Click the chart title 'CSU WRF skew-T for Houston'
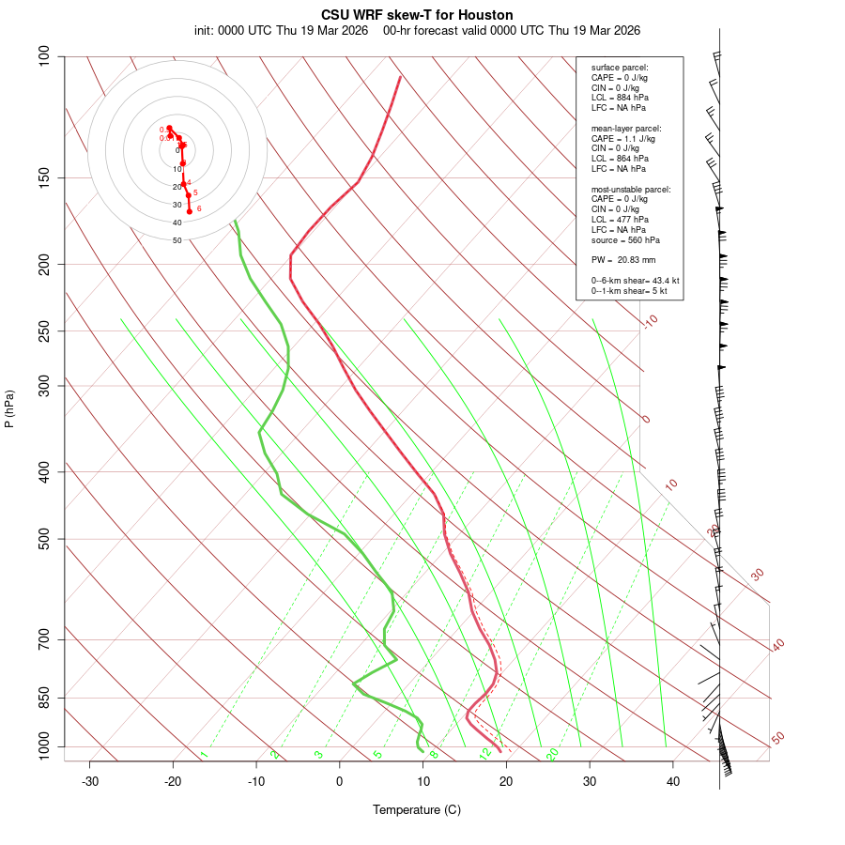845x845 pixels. [417, 15]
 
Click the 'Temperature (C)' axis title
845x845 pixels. [417, 809]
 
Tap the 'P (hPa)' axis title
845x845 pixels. [9, 408]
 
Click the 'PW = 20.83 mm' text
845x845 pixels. [623, 260]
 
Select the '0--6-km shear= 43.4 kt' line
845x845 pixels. [635, 281]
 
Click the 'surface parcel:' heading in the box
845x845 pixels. [620, 68]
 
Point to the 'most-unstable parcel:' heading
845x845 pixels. [631, 189]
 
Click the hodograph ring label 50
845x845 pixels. [177, 240]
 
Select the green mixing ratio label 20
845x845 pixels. [552, 753]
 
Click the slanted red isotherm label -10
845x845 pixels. [650, 322]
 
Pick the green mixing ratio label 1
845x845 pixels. [203, 755]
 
